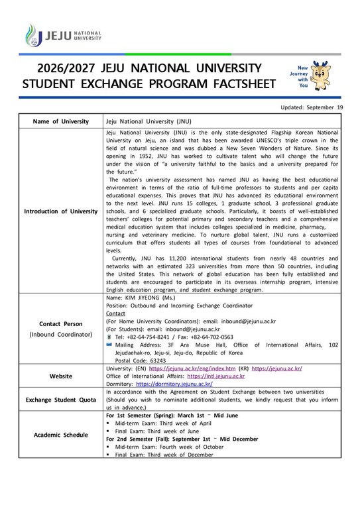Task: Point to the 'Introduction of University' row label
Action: click(x=60, y=211)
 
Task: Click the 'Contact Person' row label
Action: click(x=60, y=324)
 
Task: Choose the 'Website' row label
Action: click(x=60, y=376)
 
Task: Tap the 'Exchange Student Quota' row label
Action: click(x=60, y=400)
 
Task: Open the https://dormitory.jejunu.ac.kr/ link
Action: click(x=174, y=384)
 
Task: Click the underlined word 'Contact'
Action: click(x=115, y=313)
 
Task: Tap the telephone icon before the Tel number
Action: click(x=109, y=337)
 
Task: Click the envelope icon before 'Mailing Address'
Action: click(x=109, y=345)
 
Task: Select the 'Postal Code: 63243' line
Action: click(x=140, y=360)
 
